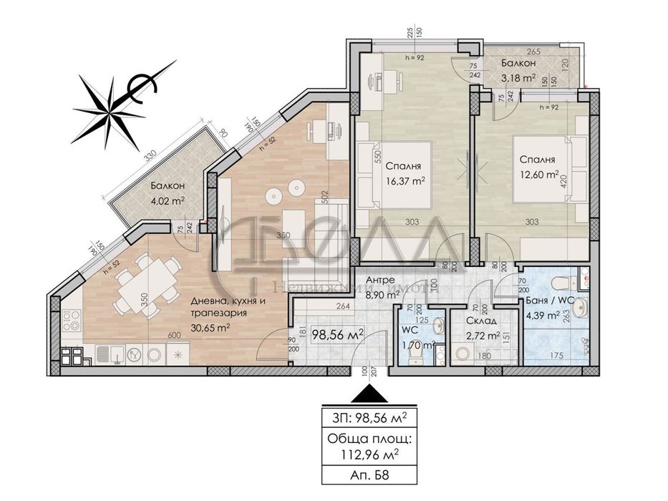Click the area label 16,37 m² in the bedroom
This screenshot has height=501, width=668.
[x=402, y=181]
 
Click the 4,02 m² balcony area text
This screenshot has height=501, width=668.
[x=167, y=202]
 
